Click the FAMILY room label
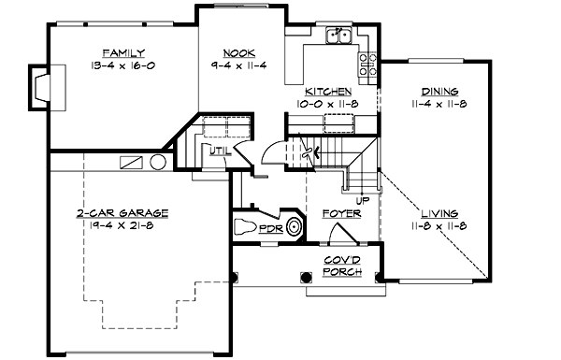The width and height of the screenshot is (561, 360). pyautogui.click(x=123, y=51)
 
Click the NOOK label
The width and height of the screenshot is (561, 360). pyautogui.click(x=240, y=52)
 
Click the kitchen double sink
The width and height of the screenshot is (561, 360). pyautogui.click(x=338, y=37)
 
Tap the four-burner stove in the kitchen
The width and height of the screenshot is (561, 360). pyautogui.click(x=367, y=65)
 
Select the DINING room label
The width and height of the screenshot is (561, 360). pyautogui.click(x=439, y=92)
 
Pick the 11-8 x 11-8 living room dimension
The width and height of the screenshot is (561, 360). pyautogui.click(x=439, y=226)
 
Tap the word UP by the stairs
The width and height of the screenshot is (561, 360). pyautogui.click(x=362, y=199)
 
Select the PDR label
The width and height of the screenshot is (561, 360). pyautogui.click(x=271, y=227)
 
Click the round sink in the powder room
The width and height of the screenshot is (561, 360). pyautogui.click(x=295, y=226)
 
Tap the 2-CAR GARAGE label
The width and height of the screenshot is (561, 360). pyautogui.click(x=123, y=213)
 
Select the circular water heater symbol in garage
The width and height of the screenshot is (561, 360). pyautogui.click(x=158, y=163)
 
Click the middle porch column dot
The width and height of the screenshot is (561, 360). pyautogui.click(x=306, y=277)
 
